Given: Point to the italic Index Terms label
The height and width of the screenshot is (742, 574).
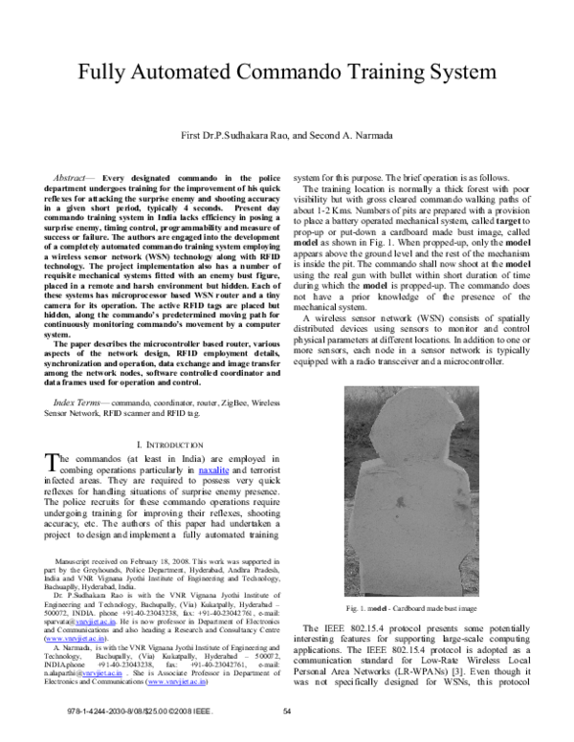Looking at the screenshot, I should [x=81, y=405].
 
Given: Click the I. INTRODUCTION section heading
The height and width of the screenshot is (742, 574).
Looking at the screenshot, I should [x=170, y=445].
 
